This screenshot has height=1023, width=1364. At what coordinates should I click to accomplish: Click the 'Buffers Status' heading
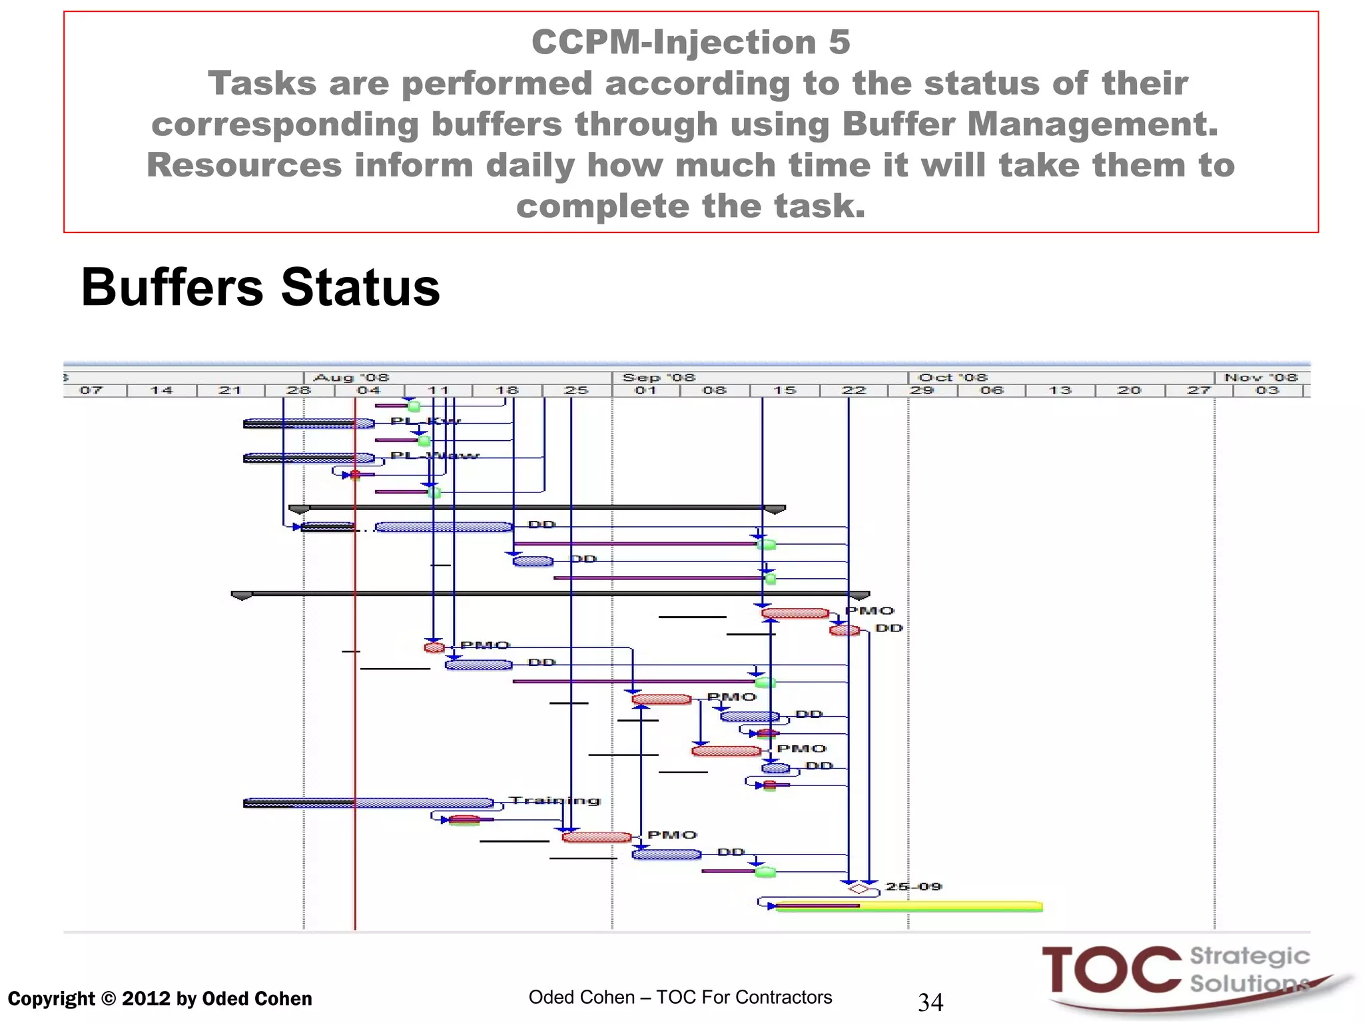[x=260, y=288]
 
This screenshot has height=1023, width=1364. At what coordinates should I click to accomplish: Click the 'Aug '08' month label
[x=351, y=378]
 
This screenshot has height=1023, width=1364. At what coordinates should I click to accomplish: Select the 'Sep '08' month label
[x=658, y=378]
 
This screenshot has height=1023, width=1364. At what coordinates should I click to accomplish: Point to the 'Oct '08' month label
[x=952, y=378]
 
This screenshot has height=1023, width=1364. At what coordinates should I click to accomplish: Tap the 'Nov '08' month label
[x=1261, y=378]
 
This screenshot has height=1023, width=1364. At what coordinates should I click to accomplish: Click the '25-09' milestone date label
[x=913, y=886]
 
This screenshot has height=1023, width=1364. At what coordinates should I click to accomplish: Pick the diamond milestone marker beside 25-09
[x=858, y=888]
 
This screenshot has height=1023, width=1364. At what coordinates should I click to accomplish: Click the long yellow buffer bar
[x=932, y=906]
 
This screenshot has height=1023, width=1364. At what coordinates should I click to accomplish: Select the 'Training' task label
[x=554, y=801]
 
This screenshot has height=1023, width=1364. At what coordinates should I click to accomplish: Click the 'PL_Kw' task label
[x=426, y=421]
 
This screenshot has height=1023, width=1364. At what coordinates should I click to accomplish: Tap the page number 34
[x=930, y=1002]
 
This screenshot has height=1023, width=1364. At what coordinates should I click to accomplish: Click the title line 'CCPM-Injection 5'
[x=691, y=42]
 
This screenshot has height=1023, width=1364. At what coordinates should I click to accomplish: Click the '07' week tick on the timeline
[x=91, y=390]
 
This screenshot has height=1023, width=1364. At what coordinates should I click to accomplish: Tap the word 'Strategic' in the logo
[x=1249, y=956]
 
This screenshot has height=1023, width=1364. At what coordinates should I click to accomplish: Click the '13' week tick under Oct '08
[x=1060, y=390]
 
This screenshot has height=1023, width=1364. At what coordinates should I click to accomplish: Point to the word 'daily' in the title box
[x=529, y=165]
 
